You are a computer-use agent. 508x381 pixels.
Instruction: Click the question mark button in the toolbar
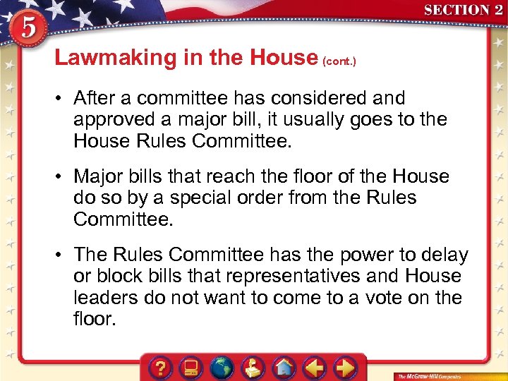[x=162, y=367]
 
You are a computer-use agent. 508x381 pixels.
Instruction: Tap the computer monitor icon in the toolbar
[x=191, y=367]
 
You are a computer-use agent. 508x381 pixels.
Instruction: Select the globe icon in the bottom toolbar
[x=222, y=367]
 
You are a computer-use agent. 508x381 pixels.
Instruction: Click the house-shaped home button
[x=284, y=367]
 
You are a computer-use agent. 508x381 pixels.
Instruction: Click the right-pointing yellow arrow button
[x=345, y=367]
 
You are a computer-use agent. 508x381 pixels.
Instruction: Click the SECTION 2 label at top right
[x=463, y=11]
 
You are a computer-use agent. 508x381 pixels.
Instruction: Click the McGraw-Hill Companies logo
[x=430, y=375]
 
